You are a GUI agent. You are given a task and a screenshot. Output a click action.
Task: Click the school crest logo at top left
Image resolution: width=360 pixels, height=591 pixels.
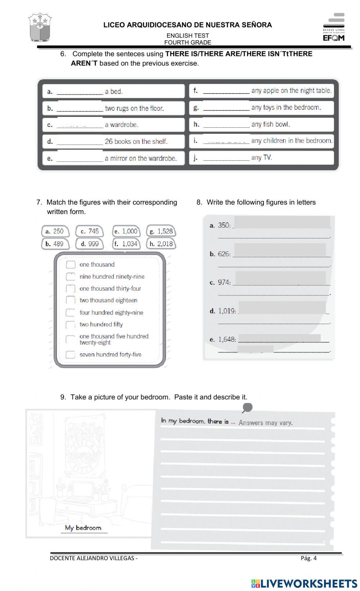tap(40, 28)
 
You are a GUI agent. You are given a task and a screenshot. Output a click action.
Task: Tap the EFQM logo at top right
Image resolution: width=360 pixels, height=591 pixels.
tap(334, 28)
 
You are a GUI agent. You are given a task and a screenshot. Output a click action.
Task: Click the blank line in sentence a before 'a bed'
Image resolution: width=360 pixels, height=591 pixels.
tap(80, 91)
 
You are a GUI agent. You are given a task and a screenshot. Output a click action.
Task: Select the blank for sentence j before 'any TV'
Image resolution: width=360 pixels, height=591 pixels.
tap(226, 158)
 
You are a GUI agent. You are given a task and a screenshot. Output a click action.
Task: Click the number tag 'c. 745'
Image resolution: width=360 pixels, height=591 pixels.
tap(90, 231)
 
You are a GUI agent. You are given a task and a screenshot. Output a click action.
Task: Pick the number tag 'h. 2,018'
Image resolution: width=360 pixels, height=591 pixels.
tap(161, 244)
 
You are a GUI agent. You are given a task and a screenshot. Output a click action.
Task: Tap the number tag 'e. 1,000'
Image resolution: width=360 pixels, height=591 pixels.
tap(126, 231)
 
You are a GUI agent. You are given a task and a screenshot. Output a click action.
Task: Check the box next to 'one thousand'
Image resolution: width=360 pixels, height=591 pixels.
tap(71, 265)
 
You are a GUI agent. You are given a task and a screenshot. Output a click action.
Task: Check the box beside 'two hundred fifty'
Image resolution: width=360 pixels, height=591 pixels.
tap(71, 325)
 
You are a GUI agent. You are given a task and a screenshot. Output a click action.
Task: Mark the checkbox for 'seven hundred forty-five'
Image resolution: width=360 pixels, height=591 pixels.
tap(71, 355)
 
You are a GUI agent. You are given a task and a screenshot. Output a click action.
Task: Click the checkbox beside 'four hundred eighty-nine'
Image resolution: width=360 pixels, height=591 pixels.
tap(71, 313)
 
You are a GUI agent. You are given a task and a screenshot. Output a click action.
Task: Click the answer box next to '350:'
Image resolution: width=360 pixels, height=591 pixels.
tap(282, 222)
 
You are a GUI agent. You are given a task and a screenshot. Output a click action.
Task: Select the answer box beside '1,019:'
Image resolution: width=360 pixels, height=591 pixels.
tap(282, 308)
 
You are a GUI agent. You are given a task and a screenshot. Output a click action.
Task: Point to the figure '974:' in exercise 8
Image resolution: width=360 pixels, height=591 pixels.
tap(224, 282)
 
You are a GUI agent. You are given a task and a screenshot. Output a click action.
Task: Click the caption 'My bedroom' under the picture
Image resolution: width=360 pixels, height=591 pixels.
tap(83, 528)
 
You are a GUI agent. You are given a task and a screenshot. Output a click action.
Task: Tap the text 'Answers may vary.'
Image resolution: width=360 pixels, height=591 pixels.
tap(265, 423)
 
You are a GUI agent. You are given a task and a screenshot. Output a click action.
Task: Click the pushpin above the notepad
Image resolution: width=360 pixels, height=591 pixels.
tap(247, 408)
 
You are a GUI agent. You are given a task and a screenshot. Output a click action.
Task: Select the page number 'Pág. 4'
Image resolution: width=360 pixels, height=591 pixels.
tap(309, 558)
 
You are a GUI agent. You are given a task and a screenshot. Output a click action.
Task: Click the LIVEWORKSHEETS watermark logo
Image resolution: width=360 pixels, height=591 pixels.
tap(304, 583)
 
